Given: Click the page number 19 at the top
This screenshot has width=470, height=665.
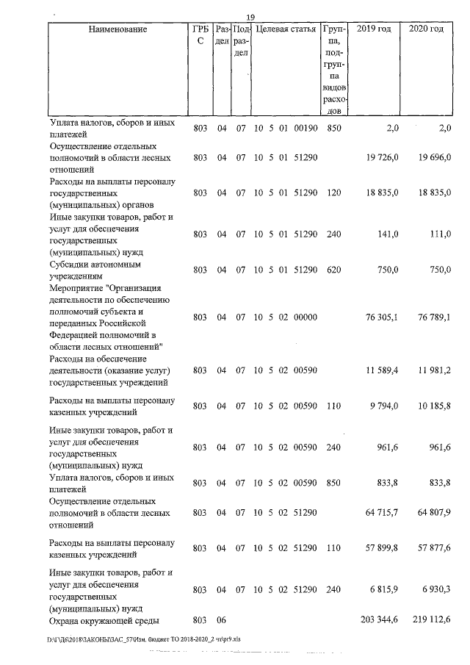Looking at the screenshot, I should click(250, 18).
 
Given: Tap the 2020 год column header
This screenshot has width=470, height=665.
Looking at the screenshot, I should click(426, 29).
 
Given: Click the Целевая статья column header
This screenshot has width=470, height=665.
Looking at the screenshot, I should click(286, 29).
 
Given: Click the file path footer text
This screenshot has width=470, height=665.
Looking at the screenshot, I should click(139, 640).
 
